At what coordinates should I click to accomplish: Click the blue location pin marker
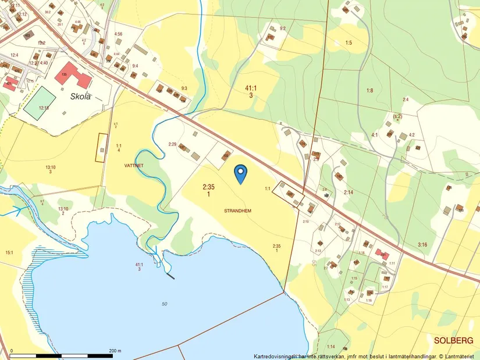(240, 173)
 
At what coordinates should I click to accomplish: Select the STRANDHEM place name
(237, 211)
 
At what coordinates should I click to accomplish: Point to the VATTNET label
(134, 165)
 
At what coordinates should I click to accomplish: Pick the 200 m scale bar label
(115, 351)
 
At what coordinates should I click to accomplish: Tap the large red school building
(73, 74)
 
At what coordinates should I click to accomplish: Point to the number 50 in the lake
(165, 304)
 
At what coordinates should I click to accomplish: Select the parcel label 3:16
(422, 245)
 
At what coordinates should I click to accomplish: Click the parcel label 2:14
(349, 192)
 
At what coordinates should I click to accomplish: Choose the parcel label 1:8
(369, 90)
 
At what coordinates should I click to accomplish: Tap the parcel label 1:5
(349, 42)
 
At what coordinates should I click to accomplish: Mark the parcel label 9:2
(283, 28)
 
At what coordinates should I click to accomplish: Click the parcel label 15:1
(9, 252)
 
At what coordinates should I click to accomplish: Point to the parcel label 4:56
(118, 34)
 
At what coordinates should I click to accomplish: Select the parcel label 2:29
(172, 144)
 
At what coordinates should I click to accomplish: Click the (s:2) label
(398, 116)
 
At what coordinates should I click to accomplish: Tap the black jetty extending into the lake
(170, 276)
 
